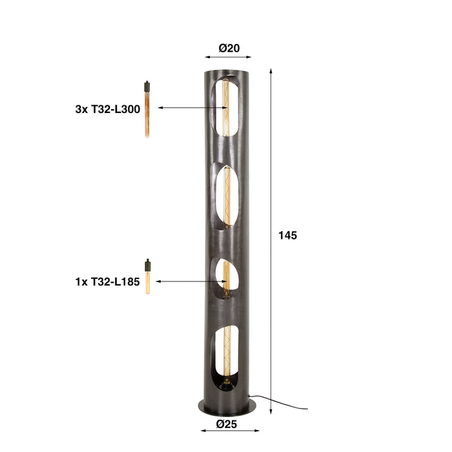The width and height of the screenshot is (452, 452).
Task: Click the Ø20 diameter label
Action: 229,48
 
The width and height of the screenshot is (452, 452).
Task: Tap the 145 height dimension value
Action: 287,236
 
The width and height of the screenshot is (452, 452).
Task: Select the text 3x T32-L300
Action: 107,109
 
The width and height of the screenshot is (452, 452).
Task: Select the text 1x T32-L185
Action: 107,282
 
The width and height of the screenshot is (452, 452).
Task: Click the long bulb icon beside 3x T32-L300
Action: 147,108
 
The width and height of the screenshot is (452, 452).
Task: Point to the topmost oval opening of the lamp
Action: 229,107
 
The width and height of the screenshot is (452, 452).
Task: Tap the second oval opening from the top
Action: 229,199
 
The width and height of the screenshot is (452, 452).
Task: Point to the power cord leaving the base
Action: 278,403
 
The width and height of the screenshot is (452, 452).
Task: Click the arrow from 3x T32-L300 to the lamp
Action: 187,108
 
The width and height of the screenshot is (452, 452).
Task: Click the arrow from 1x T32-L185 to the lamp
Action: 187,282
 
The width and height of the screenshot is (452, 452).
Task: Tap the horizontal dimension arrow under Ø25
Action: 228,433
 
